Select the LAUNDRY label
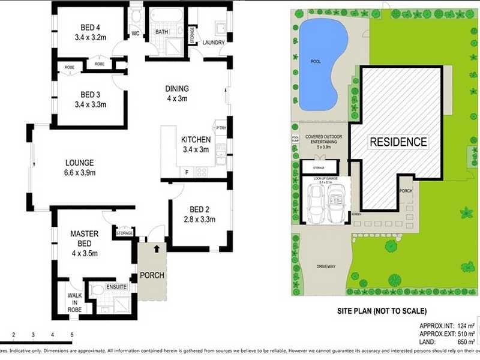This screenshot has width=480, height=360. click(214, 43)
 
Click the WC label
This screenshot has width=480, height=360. click(136, 34)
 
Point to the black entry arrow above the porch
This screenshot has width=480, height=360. click(157, 247)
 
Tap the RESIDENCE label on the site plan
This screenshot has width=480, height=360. click(398, 142)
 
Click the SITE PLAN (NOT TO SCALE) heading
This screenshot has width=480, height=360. click(382, 311)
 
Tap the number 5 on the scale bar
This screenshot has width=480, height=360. click(72, 334)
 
